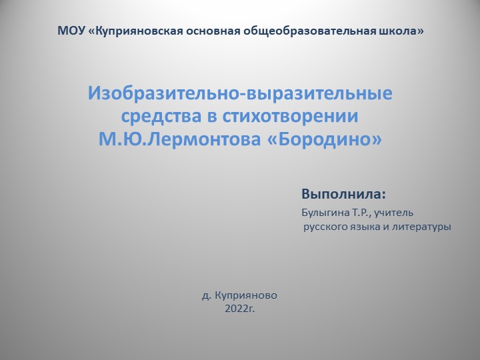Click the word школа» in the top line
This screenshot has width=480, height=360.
[402, 31]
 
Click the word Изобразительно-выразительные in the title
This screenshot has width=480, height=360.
[240, 93]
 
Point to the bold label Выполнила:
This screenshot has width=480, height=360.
[344, 195]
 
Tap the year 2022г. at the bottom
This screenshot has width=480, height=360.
[240, 309]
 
